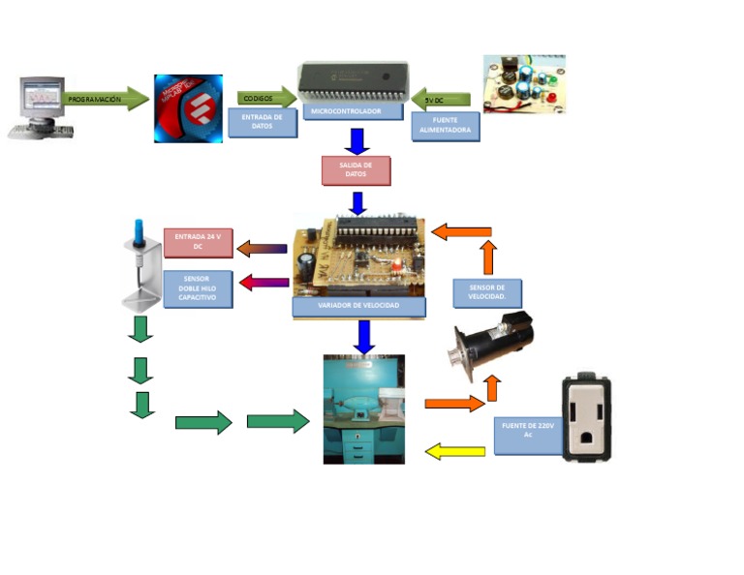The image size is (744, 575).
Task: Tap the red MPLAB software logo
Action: pos(188,108)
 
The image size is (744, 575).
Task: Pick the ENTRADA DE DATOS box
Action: pos(262,122)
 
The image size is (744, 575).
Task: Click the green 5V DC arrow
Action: pos(441,100)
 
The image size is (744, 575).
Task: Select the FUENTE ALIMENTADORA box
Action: pos(446,127)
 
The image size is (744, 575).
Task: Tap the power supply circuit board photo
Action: pos(524,84)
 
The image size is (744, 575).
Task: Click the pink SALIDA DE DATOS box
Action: pos(356,170)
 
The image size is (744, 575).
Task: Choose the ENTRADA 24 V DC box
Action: pos(198,242)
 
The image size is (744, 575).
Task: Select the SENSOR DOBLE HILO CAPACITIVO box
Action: pos(198,289)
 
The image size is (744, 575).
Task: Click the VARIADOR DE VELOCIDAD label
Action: pos(358,306)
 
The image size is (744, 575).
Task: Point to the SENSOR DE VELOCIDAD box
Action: pos(486,292)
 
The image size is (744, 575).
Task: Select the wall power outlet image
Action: pos(587,417)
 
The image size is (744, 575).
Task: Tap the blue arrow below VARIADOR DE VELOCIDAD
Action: pos(364,336)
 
